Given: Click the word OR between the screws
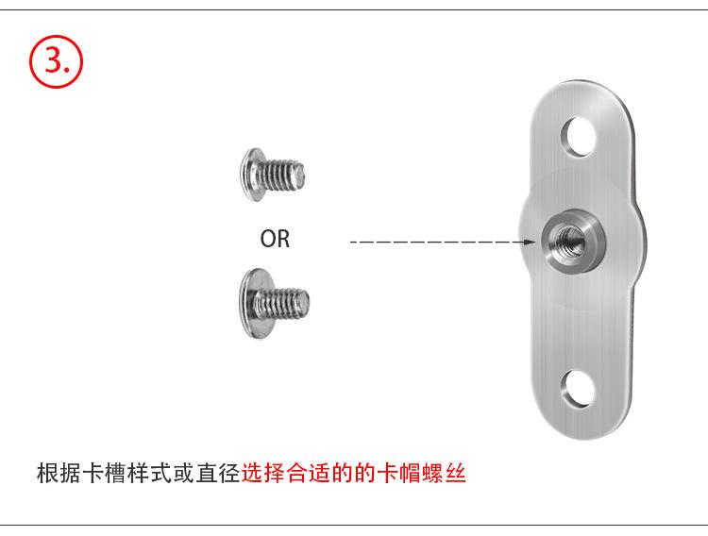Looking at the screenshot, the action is [x=275, y=240].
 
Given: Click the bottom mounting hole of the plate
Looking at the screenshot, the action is [x=579, y=388].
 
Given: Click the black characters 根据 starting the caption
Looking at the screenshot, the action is [x=59, y=473].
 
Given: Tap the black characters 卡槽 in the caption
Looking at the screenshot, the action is [x=104, y=473].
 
